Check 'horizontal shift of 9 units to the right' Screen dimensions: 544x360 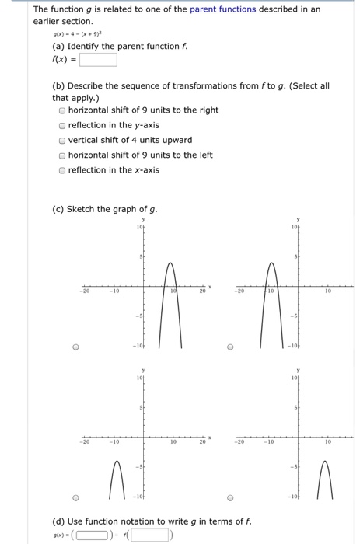[x=62, y=111]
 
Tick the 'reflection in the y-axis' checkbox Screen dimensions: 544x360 [x=62, y=125]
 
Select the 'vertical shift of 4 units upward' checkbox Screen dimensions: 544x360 [x=62, y=140]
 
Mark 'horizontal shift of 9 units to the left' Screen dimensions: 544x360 [x=62, y=155]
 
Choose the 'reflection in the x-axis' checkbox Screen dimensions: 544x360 [x=62, y=169]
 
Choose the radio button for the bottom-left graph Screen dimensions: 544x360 [x=55, y=498]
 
